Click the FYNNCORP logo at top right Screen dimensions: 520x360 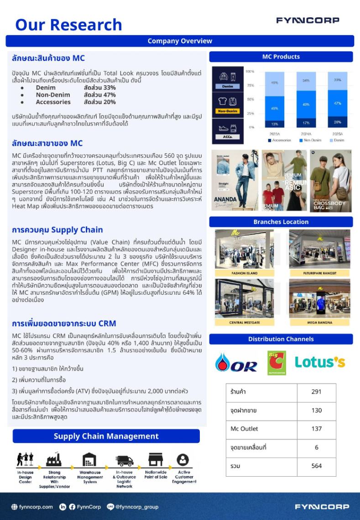[308, 21]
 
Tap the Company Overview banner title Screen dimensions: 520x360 [180, 41]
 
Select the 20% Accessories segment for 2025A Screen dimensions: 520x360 [337, 122]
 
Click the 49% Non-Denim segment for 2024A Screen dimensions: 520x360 [306, 104]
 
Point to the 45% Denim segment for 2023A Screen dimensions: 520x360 [275, 83]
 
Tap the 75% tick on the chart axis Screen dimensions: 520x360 [250, 85]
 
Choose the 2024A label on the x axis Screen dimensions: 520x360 [306, 135]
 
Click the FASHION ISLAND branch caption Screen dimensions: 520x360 [245, 273]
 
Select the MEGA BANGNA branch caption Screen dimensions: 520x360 [319, 322]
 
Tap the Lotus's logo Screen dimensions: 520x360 [319, 362]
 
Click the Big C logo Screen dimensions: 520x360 [277, 363]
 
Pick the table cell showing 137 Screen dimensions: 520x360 [316, 429]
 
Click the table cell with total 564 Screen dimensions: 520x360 [316, 466]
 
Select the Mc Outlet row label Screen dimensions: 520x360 [244, 429]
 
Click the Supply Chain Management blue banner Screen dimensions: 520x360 [106, 436]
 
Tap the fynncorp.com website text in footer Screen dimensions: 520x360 [37, 507]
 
